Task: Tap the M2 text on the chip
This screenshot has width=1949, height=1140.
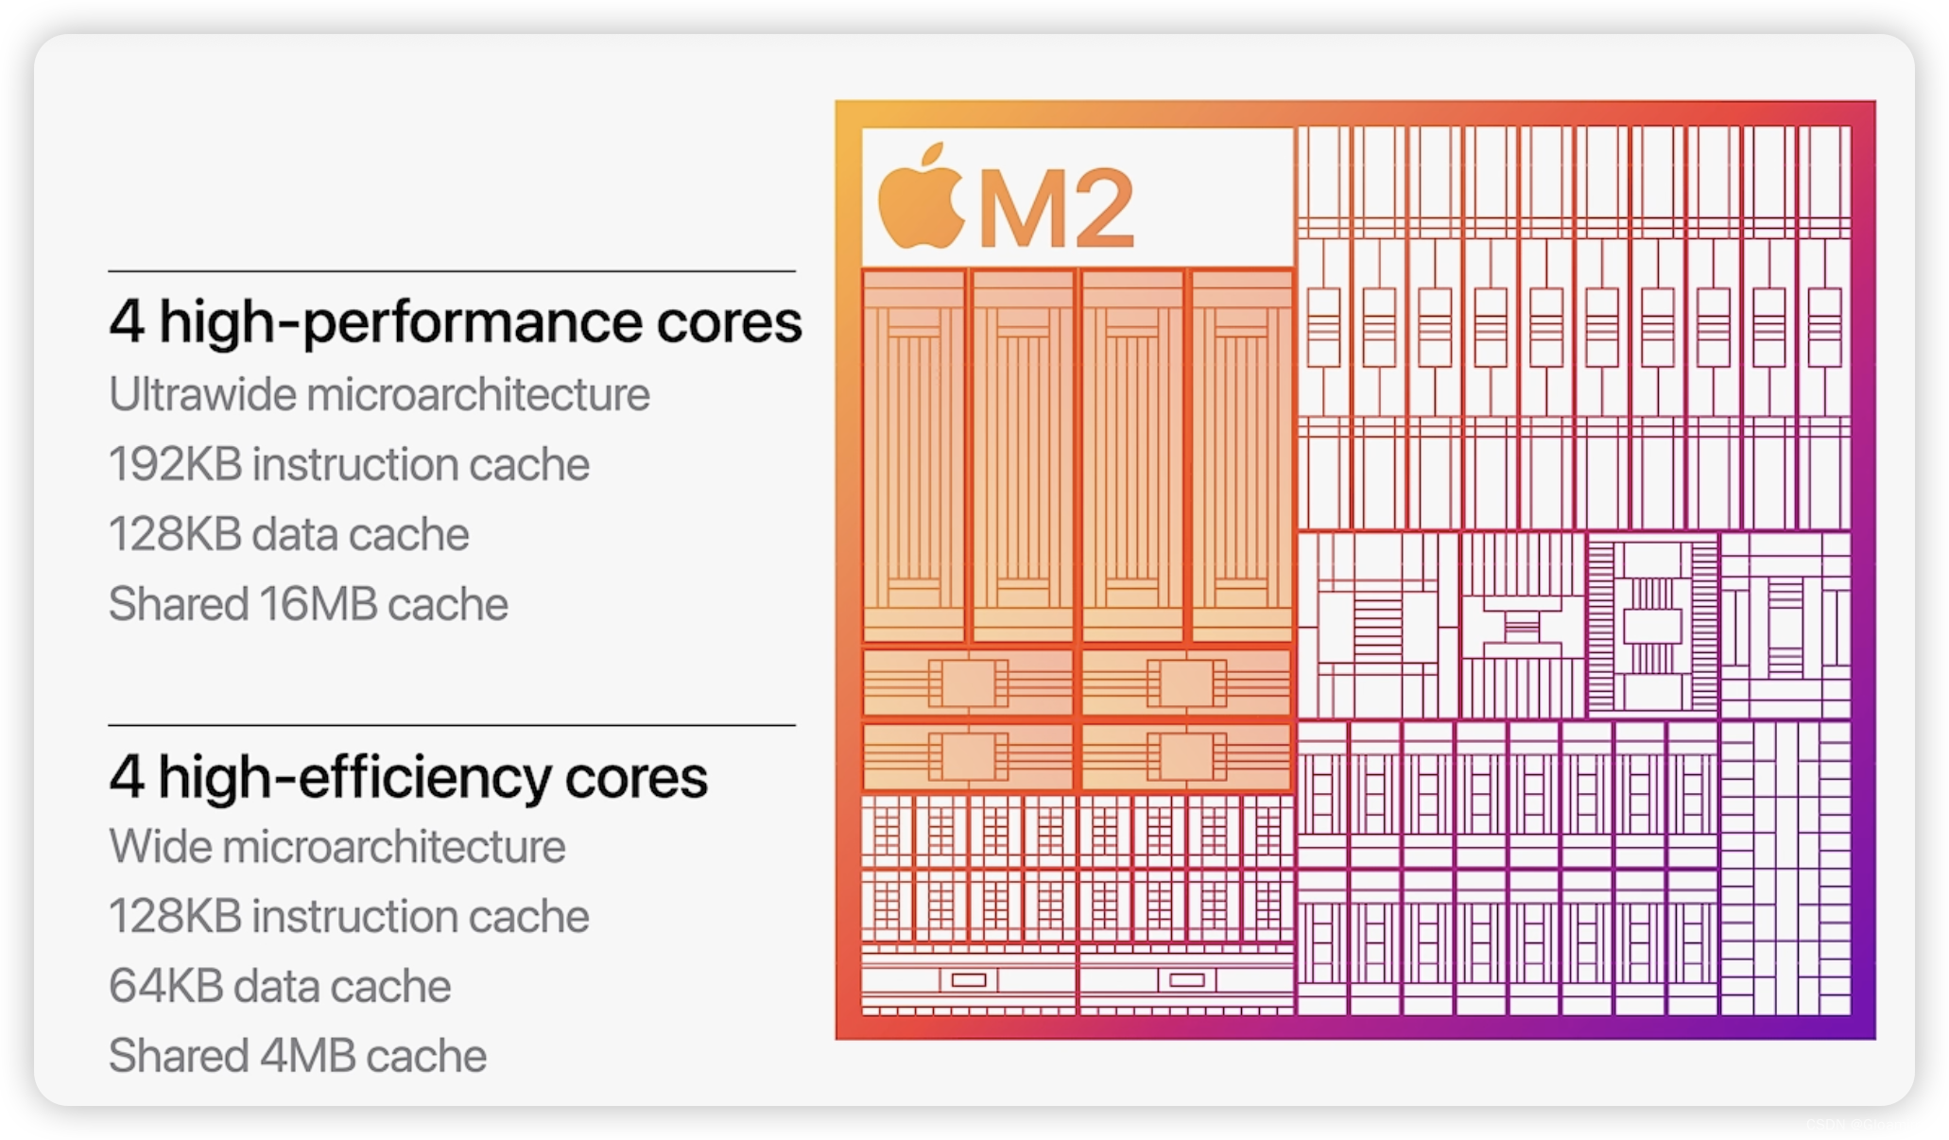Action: click(x=1056, y=208)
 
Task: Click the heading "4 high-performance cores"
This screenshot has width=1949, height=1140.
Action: click(x=455, y=322)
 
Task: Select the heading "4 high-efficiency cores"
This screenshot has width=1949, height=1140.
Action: click(x=407, y=778)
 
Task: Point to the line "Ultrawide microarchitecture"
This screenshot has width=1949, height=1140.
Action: click(x=379, y=394)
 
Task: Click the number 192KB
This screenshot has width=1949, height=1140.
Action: click(x=175, y=464)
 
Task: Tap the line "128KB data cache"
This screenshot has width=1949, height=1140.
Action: click(x=288, y=534)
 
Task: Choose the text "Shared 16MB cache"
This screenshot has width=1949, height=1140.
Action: click(x=308, y=604)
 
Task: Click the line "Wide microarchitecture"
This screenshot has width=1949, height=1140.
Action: click(x=336, y=846)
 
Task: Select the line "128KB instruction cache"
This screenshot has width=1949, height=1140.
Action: click(x=349, y=916)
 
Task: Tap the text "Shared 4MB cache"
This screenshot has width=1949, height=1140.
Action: click(x=297, y=1056)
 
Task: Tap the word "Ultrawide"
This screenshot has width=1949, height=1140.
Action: click(x=202, y=394)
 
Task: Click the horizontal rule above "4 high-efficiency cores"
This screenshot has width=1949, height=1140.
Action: click(x=452, y=725)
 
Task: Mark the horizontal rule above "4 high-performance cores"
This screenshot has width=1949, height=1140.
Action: click(x=452, y=271)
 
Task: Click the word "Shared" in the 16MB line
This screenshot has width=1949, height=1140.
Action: click(x=178, y=604)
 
